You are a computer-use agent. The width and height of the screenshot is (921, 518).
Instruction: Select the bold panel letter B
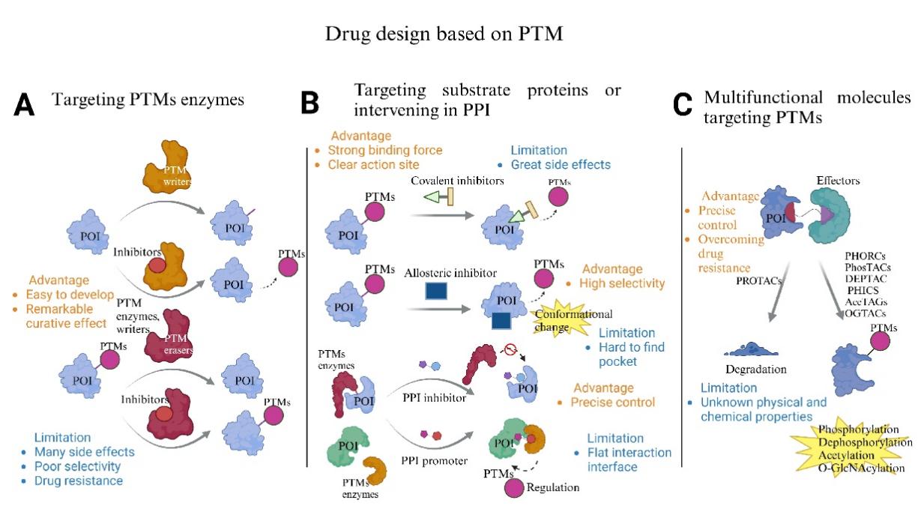point(310,103)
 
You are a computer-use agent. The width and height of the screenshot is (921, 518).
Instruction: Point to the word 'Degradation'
point(756,369)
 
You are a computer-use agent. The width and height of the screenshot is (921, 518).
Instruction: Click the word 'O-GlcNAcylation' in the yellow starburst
point(862,468)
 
